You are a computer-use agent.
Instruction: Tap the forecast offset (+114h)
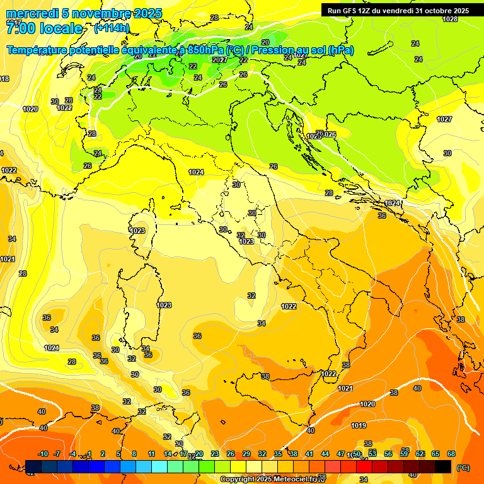pyautogui.click(x=112, y=28)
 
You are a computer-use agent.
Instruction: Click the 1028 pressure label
pyautogui.click(x=450, y=19)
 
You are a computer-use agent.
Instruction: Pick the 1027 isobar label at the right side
pyautogui.click(x=444, y=119)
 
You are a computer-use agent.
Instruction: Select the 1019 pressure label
pyautogui.click(x=359, y=425)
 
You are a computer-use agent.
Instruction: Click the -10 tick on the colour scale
pyautogui.click(x=43, y=454)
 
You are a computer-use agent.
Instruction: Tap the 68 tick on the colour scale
pyautogui.click(x=451, y=454)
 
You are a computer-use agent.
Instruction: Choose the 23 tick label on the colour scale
pyautogui.click(x=215, y=454)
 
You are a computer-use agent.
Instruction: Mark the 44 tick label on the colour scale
pyautogui.click(x=325, y=454)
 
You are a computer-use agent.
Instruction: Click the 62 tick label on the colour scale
pyautogui.click(x=420, y=454)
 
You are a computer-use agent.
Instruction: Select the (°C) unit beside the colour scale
pyautogui.click(x=463, y=468)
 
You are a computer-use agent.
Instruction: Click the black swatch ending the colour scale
pyautogui.click(x=443, y=466)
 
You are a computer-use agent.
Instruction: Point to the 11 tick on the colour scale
pyautogui.click(x=151, y=454)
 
